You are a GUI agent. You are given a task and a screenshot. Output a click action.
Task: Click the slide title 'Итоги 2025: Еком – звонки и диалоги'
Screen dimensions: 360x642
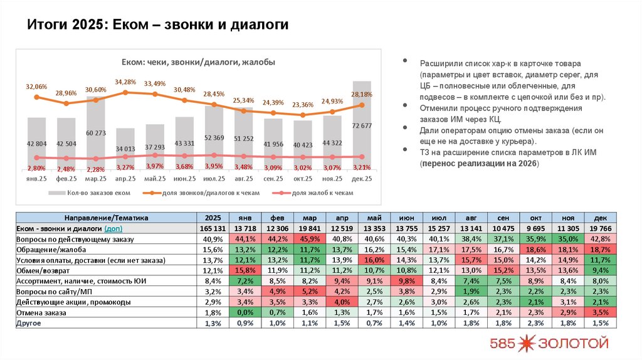point(158,24)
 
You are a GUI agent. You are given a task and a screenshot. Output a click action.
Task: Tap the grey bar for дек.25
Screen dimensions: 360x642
point(361,125)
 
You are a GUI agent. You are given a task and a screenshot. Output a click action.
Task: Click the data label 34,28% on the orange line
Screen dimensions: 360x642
point(125,82)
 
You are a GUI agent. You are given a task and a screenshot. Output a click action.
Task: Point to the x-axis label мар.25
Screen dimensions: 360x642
point(96,179)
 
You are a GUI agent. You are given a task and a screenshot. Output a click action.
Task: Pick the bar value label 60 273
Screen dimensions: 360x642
point(96,133)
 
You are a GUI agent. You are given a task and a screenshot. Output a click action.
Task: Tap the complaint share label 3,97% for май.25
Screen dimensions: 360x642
point(155,166)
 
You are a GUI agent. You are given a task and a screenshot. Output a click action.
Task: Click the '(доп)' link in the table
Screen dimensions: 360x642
point(113,228)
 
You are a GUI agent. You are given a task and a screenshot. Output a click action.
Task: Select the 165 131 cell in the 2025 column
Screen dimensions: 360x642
point(209,228)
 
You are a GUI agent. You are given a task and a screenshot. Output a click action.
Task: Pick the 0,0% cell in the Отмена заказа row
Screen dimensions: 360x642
point(245,312)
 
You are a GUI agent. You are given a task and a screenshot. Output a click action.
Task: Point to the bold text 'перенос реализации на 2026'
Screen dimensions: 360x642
point(479,163)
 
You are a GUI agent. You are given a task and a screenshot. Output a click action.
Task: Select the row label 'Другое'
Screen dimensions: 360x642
point(28,323)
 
